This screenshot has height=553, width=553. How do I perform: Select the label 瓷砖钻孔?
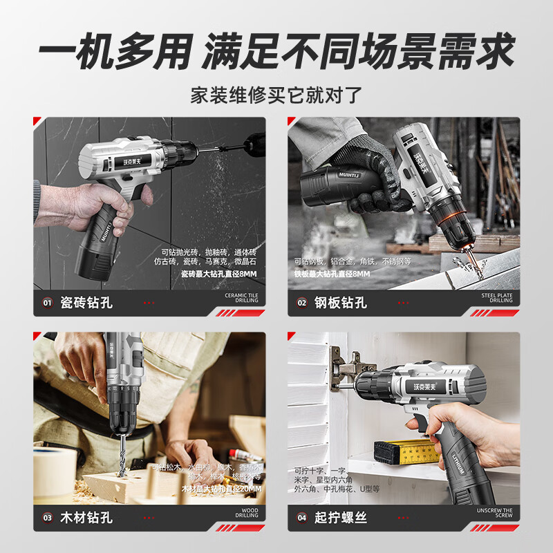pyautogui.click(x=86, y=303)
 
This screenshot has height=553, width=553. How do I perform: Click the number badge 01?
pyautogui.click(x=48, y=303)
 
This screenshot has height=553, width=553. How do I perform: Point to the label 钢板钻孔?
pyautogui.click(x=341, y=303)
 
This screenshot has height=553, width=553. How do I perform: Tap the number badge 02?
pyautogui.click(x=302, y=303)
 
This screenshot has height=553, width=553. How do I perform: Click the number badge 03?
pyautogui.click(x=48, y=517)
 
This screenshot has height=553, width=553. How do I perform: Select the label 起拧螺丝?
pyautogui.click(x=341, y=517)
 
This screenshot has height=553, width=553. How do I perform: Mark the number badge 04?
pyautogui.click(x=302, y=517)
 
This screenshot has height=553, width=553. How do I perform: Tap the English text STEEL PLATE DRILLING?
pyautogui.click(x=497, y=298)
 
